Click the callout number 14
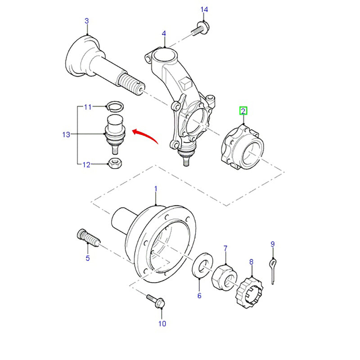click(x=204, y=10)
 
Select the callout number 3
click(x=87, y=21)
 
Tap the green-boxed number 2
click(x=243, y=111)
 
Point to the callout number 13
click(x=66, y=135)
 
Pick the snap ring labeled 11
click(x=114, y=107)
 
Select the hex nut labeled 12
click(x=113, y=164)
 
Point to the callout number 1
click(x=156, y=189)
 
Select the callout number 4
click(x=164, y=34)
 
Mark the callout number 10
click(x=162, y=323)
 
